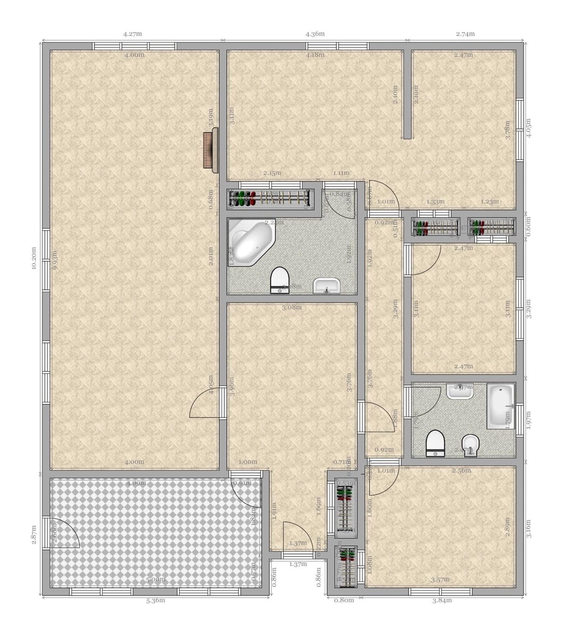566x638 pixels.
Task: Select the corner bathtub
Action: [250, 244]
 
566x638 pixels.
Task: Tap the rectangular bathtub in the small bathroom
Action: [500, 406]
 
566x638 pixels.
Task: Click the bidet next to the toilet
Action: [471, 445]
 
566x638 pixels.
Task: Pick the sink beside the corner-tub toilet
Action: [326, 286]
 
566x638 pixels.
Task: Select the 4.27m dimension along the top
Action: [132, 34]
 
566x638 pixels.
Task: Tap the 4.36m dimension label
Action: [315, 34]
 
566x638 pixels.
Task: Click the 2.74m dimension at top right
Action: [465, 34]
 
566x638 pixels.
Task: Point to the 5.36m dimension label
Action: [155, 601]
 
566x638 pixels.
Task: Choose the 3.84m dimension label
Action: [442, 601]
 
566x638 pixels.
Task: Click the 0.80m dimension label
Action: [344, 601]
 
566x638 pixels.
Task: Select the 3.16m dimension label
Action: [528, 529]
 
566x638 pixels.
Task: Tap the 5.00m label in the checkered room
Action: [155, 580]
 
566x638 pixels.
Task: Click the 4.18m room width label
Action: [315, 55]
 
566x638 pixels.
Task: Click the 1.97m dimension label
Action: [528, 418]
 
